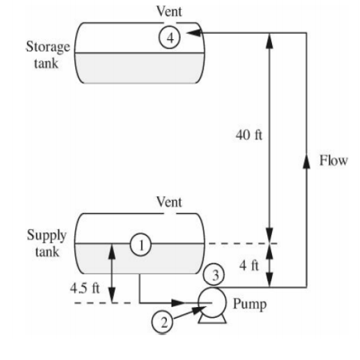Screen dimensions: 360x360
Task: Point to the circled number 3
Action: (x=217, y=273)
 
